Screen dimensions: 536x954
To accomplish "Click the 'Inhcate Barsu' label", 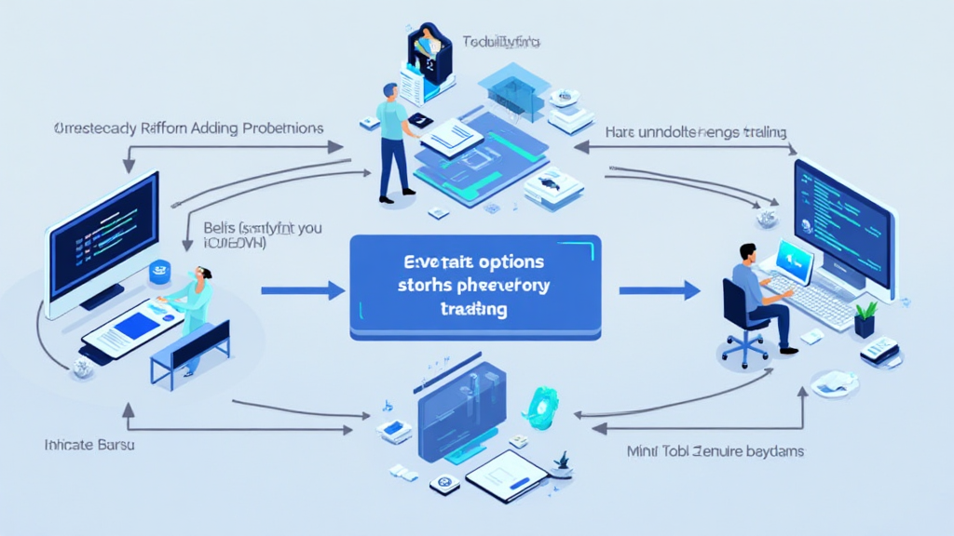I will [x=89, y=445].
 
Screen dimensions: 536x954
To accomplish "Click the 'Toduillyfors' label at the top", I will [x=502, y=42].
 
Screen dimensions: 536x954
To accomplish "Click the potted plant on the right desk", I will [x=865, y=319].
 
